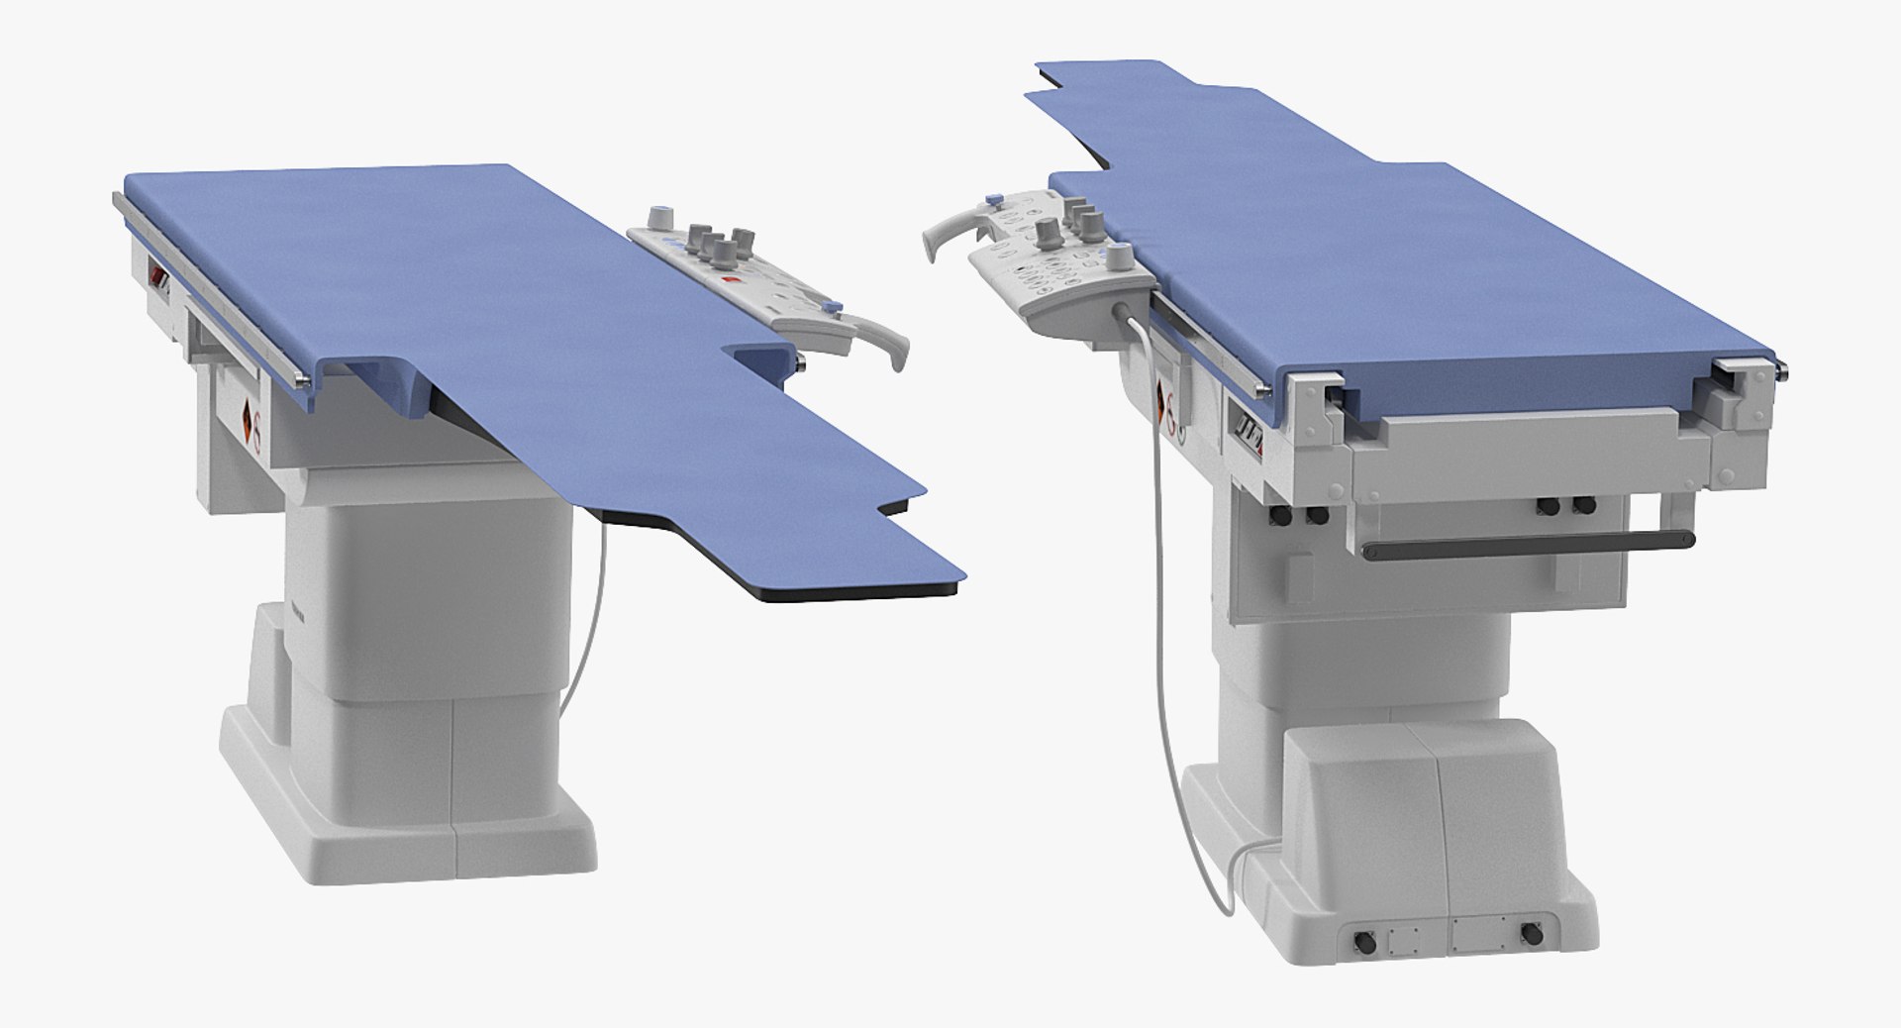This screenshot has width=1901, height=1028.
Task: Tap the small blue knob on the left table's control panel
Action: tap(833, 307)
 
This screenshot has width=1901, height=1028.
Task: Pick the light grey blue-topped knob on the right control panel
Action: tap(1120, 260)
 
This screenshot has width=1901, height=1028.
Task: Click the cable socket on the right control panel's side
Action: tap(1129, 316)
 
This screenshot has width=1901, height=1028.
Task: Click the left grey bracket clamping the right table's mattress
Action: tap(1317, 392)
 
